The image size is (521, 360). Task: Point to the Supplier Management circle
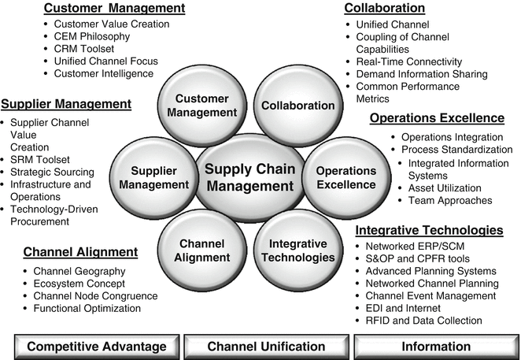(154, 177)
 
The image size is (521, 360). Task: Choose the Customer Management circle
(201, 106)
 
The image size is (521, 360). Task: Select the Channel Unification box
(266, 346)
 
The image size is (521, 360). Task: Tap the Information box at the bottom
(435, 346)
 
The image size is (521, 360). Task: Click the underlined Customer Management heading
(114, 9)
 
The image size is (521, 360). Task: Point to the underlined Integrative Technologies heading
(429, 231)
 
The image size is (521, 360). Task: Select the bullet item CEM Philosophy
(96, 36)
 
